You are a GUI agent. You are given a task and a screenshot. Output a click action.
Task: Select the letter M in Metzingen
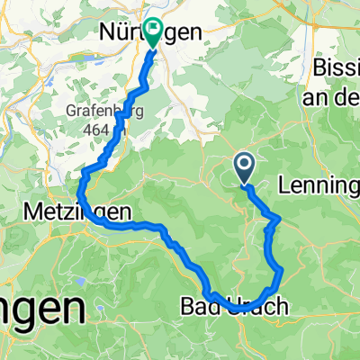point(29,212)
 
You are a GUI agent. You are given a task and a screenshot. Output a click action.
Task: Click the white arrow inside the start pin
point(244,164)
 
